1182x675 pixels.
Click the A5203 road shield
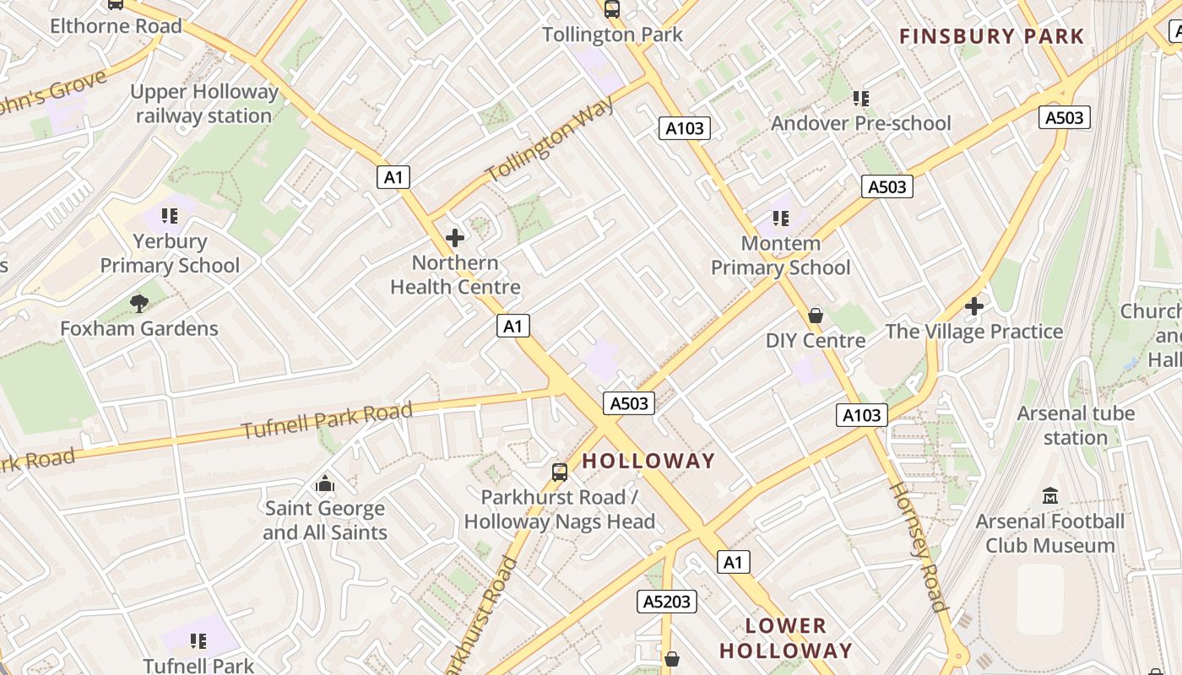tap(666, 602)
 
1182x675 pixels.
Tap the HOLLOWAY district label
tap(648, 461)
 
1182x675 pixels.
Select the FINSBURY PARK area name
tap(991, 36)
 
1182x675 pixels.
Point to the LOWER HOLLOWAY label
tap(785, 638)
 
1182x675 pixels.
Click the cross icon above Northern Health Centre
tap(455, 238)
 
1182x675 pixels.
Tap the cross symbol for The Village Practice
tap(974, 306)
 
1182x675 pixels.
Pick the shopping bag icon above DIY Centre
tap(816, 316)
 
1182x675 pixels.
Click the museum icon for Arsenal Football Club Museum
tap(1050, 496)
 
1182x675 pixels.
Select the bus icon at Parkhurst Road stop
tap(559, 472)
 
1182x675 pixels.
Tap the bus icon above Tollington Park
tap(612, 9)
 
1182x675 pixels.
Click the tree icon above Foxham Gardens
tap(139, 303)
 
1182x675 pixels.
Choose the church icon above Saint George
tap(325, 483)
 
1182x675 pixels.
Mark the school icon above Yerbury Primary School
tap(170, 216)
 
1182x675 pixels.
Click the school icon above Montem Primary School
tap(781, 219)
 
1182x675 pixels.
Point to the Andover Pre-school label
tap(860, 123)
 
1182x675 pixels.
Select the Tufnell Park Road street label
tap(328, 420)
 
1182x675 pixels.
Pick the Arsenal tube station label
tap(1075, 425)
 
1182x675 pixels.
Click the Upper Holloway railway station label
tap(204, 104)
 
